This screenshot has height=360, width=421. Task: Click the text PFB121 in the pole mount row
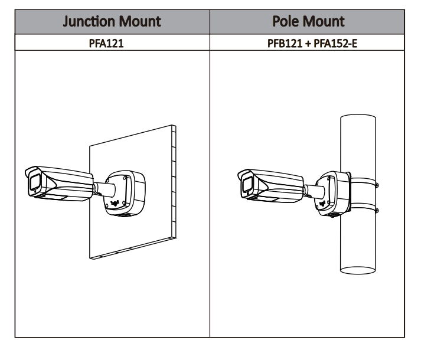click(279, 42)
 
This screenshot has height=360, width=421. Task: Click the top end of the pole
click(358, 116)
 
